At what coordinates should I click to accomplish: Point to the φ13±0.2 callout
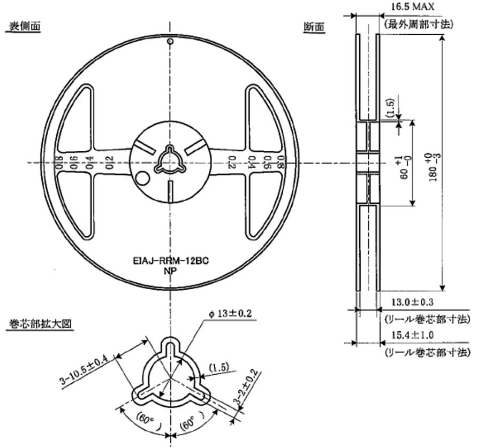click(230, 314)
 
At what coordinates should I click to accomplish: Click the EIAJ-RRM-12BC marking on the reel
click(170, 261)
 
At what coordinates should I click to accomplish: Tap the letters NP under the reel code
click(170, 271)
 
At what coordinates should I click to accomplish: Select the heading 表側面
click(23, 26)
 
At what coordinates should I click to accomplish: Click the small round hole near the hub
click(142, 177)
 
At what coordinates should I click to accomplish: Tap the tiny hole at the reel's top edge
click(170, 41)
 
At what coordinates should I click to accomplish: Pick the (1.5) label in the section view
click(389, 107)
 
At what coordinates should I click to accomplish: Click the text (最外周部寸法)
click(419, 24)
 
